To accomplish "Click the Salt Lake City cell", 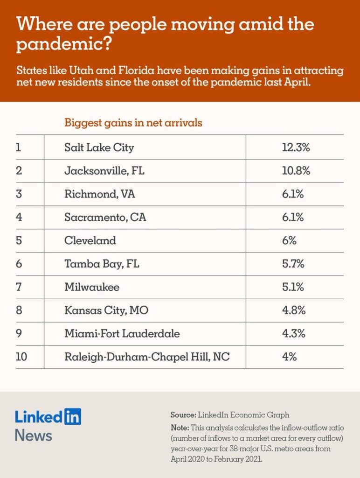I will point(99,148).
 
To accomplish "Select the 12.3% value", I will point(292,148).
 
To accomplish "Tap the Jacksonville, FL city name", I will point(104,171).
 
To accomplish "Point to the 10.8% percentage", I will point(292,171).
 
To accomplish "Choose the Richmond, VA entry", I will point(99,194).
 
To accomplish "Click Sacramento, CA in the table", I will point(105,218).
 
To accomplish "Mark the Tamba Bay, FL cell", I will point(102,264).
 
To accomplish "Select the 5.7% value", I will point(292,264).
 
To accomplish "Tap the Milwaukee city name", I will point(91,288).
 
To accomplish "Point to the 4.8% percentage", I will point(292,311).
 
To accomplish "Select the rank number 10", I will point(21,358).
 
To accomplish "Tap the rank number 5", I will point(19,241).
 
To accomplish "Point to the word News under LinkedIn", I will point(33,436).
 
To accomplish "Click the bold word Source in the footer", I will point(183,414).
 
